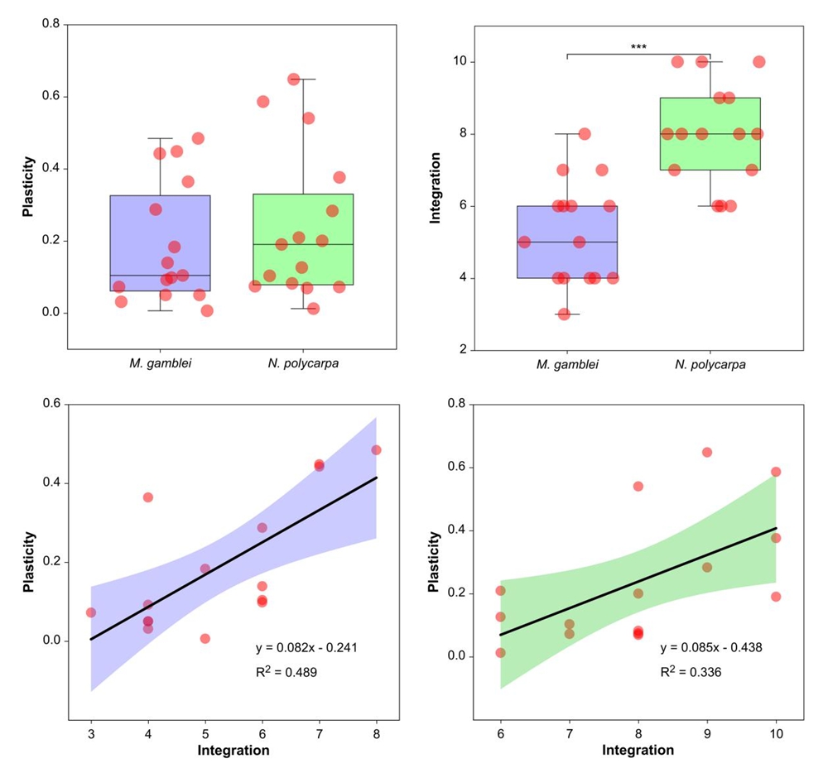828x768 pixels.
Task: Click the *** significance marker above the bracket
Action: pyautogui.click(x=638, y=47)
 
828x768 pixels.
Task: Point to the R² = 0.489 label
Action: pyautogui.click(x=286, y=673)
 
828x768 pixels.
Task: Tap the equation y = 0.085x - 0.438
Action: pyautogui.click(x=710, y=646)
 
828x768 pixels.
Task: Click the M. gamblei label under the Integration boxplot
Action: pyautogui.click(x=566, y=364)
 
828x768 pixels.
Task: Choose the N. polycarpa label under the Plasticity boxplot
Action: pyautogui.click(x=303, y=364)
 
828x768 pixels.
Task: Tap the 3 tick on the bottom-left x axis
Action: pyautogui.click(x=91, y=733)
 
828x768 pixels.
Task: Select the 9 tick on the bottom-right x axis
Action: pyautogui.click(x=707, y=733)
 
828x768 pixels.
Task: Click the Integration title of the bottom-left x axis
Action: pyautogui.click(x=234, y=751)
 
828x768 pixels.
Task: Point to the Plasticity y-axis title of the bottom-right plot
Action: pyautogui.click(x=433, y=562)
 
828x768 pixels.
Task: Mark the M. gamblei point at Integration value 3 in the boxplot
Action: pyautogui.click(x=564, y=314)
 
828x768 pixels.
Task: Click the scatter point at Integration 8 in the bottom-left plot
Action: pyautogui.click(x=377, y=450)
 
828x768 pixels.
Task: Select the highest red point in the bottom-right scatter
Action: pyautogui.click(x=707, y=452)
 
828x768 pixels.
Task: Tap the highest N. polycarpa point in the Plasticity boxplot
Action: pyautogui.click(x=293, y=79)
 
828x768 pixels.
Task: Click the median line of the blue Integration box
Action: pyautogui.click(x=567, y=242)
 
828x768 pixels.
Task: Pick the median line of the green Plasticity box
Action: pyautogui.click(x=303, y=244)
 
